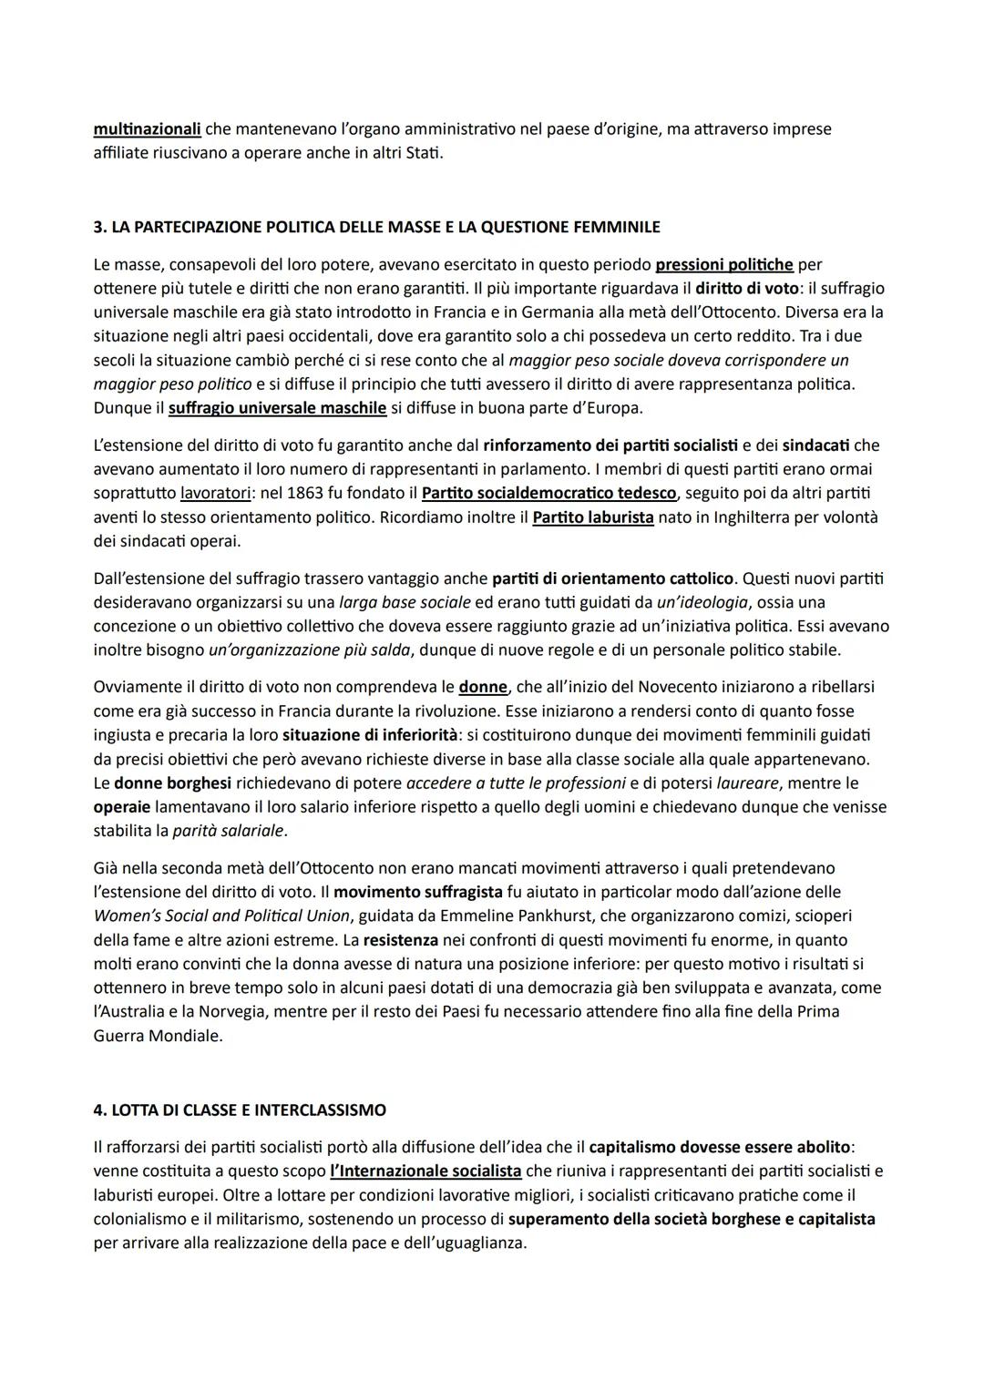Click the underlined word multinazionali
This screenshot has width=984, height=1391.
tap(147, 129)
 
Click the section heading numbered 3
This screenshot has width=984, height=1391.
tap(376, 227)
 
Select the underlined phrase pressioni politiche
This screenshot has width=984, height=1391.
tap(724, 265)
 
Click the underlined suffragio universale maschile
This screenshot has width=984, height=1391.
tap(277, 407)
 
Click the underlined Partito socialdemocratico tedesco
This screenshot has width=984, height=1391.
tap(549, 493)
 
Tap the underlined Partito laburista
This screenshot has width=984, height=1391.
tap(592, 517)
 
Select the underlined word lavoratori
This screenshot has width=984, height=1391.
tap(216, 493)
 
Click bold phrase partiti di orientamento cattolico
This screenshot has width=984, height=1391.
tap(612, 578)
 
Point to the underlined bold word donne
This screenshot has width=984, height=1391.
tap(482, 687)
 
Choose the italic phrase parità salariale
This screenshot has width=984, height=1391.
tap(229, 830)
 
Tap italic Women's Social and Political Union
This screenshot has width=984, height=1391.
tap(221, 915)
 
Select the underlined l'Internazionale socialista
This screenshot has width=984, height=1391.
tap(425, 1171)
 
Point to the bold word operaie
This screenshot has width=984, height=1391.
tap(122, 806)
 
